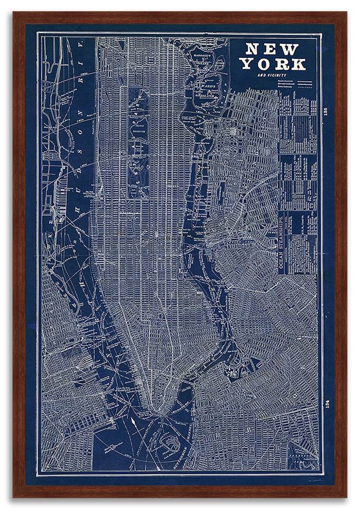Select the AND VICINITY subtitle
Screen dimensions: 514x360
[x=272, y=76]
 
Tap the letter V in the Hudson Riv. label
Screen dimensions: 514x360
[x=81, y=49]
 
